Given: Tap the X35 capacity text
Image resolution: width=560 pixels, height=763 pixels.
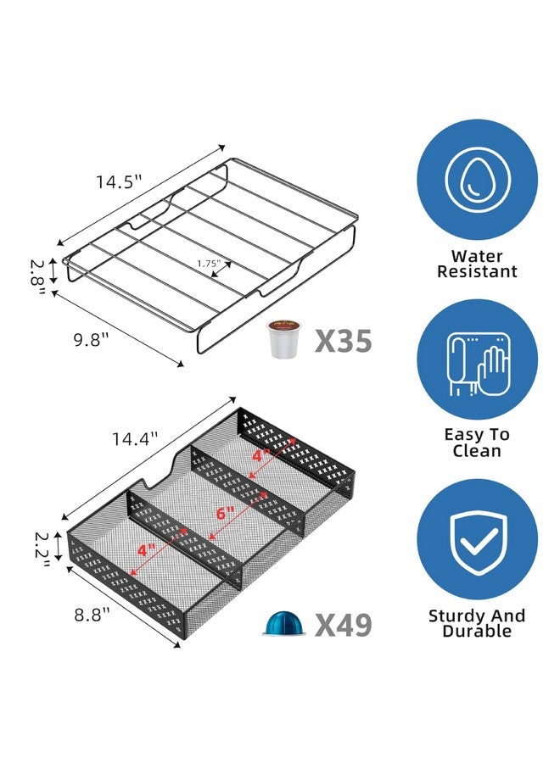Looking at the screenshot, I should (x=344, y=341).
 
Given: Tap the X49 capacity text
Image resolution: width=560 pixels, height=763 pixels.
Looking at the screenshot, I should (x=344, y=626).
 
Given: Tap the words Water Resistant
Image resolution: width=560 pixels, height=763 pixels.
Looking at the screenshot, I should (x=478, y=264).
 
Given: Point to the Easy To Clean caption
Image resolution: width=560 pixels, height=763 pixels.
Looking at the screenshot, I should (x=478, y=443).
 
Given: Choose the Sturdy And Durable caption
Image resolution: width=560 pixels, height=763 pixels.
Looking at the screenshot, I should (x=478, y=623).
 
